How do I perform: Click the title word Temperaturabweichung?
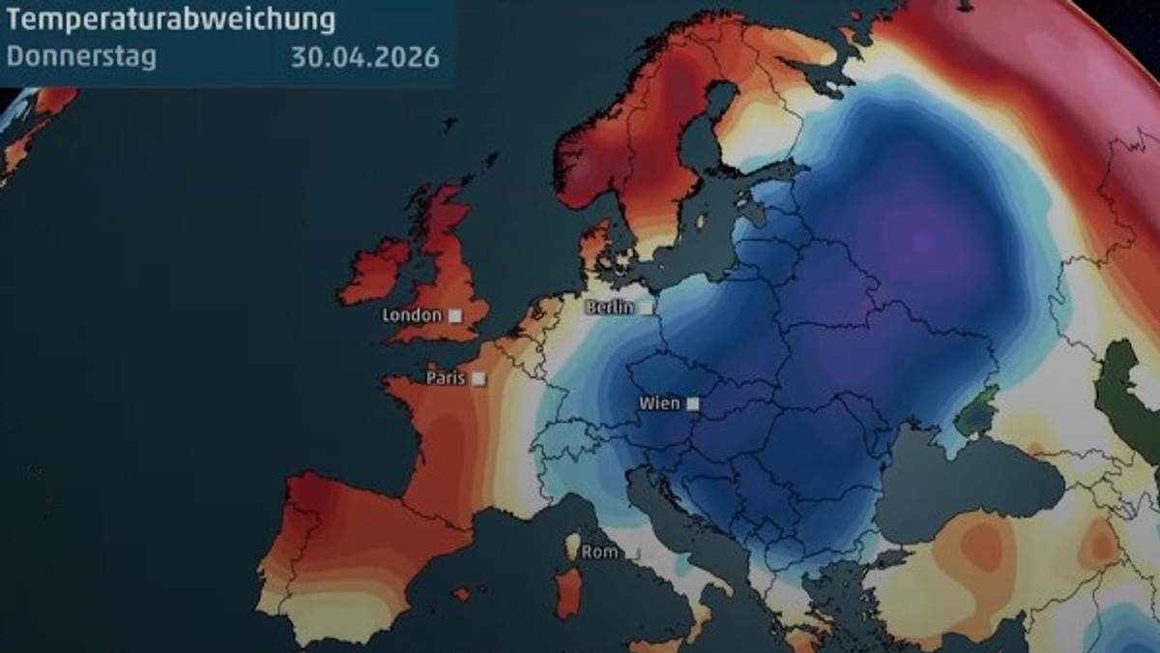point(171,18)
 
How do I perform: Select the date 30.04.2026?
point(364,56)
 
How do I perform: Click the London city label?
point(412,315)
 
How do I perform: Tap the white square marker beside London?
point(453,315)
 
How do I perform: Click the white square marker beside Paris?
point(479,378)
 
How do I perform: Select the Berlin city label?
point(610,308)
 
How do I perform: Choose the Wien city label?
point(658,403)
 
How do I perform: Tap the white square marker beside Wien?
point(692,403)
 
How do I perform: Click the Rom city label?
point(599,552)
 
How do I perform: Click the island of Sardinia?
point(568,591)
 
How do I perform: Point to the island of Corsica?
point(572,546)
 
